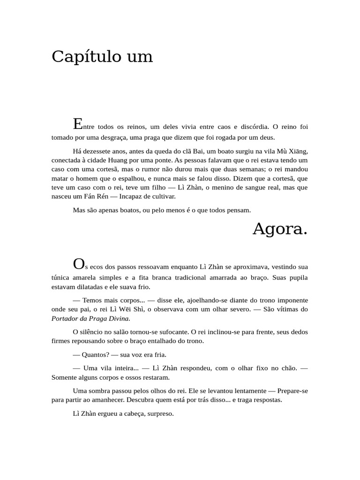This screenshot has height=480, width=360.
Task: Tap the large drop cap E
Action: click(x=78, y=124)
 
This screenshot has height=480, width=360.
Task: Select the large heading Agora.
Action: click(x=280, y=229)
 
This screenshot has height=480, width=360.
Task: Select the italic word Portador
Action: click(x=65, y=318)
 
